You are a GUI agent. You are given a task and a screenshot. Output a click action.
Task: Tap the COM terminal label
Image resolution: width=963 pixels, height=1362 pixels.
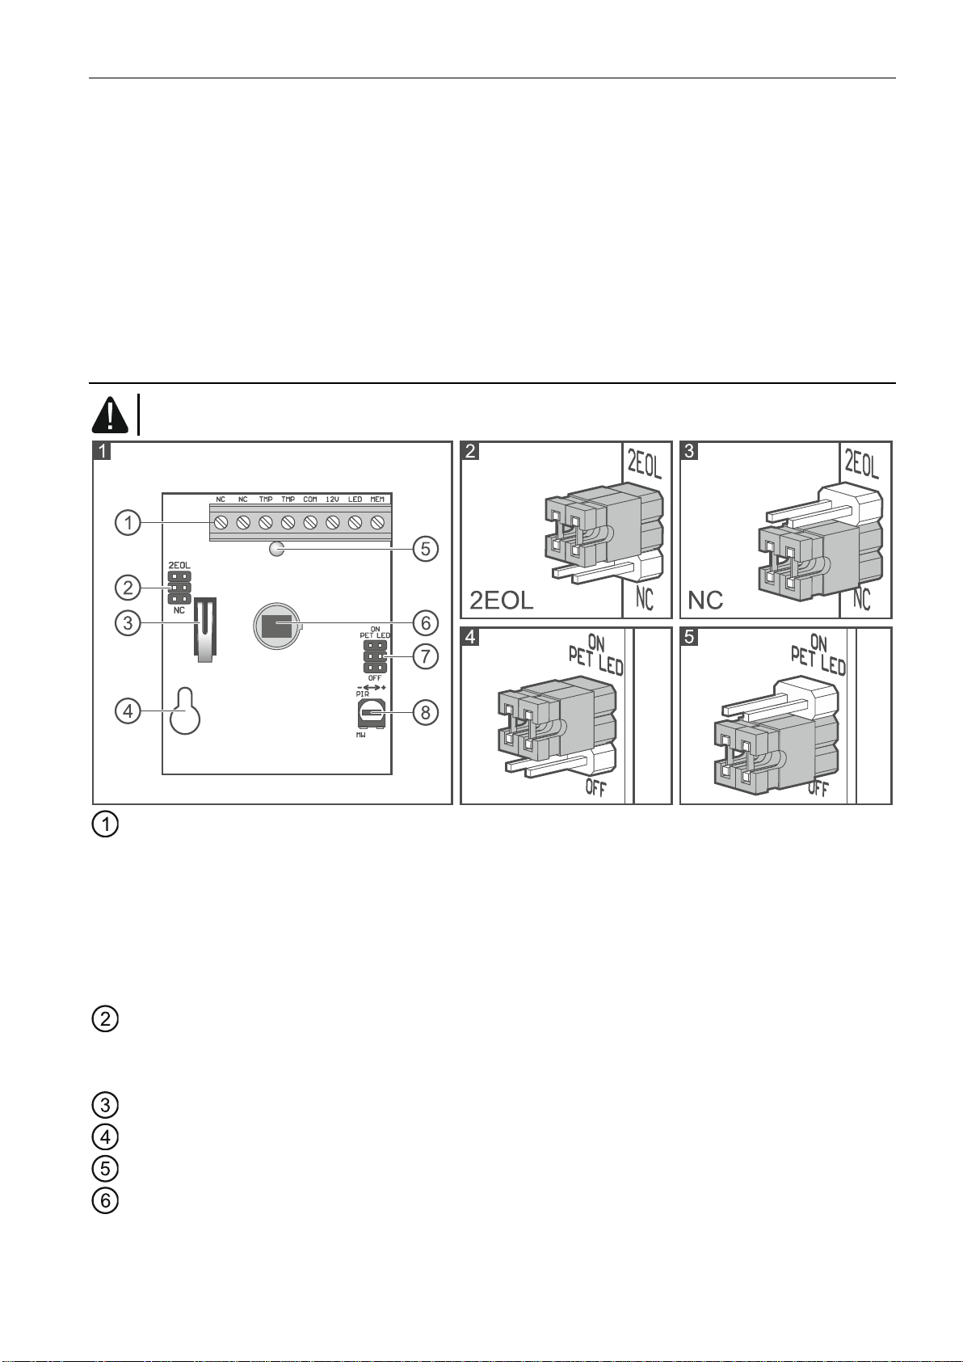(x=310, y=500)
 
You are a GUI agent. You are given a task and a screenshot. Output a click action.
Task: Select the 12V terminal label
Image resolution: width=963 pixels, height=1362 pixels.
(x=332, y=500)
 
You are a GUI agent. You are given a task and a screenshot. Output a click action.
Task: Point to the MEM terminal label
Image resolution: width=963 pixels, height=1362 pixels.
(x=376, y=500)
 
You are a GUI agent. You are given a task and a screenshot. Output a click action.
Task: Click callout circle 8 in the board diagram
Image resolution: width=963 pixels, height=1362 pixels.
(x=426, y=712)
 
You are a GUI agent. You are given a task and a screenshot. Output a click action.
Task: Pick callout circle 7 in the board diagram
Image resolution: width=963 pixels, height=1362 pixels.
(x=426, y=656)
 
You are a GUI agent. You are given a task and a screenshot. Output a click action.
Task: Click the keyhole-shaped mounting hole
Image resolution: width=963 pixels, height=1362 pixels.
(x=185, y=711)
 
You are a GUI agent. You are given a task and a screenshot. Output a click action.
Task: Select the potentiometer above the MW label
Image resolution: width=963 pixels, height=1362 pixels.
(x=372, y=713)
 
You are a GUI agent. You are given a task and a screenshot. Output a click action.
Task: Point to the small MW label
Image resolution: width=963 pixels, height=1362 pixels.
(x=360, y=735)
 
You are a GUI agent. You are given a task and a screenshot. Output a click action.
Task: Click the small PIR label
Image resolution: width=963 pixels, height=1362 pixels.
(x=362, y=694)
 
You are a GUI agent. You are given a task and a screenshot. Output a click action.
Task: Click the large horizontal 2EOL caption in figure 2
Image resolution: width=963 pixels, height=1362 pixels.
(x=502, y=601)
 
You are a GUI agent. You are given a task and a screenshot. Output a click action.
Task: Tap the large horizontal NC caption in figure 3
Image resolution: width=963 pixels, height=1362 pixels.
(x=705, y=601)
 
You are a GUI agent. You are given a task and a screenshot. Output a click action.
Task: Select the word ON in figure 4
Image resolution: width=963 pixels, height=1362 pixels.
(x=596, y=643)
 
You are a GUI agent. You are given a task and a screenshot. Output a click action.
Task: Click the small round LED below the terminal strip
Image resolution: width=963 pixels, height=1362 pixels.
(x=276, y=549)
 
